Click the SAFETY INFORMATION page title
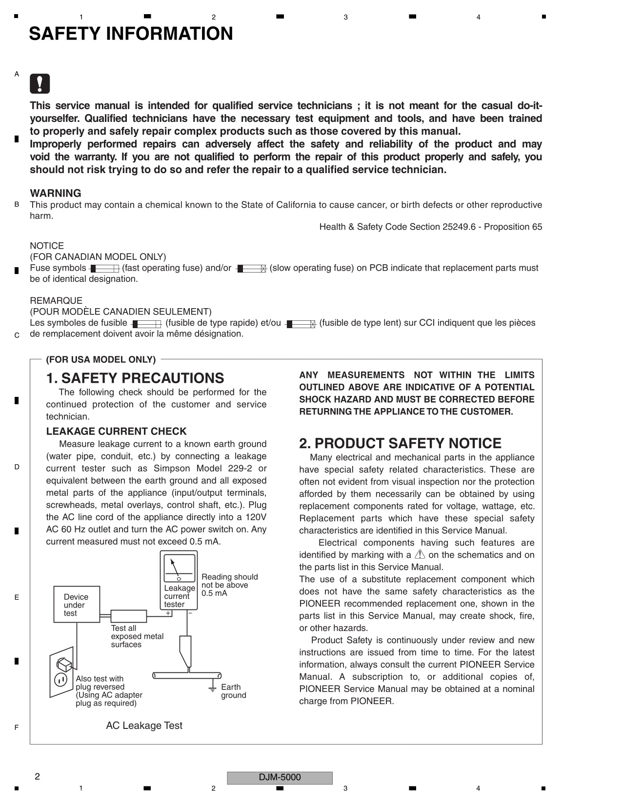point(131,34)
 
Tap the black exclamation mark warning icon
point(40,84)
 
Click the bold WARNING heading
point(56,193)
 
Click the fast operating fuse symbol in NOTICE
point(104,269)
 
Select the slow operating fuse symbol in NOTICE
point(251,269)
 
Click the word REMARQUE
point(56,300)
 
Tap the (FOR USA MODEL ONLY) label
point(100,359)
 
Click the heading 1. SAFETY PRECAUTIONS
point(135,378)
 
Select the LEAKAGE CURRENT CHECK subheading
point(116,431)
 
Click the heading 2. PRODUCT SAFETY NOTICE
point(400,443)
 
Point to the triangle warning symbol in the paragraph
point(420,554)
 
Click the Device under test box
point(77,605)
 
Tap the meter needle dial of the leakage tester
point(179,568)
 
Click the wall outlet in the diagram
point(61,672)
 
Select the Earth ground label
point(233,691)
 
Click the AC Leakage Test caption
point(144,726)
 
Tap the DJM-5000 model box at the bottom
point(280,777)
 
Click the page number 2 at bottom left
point(37,777)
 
